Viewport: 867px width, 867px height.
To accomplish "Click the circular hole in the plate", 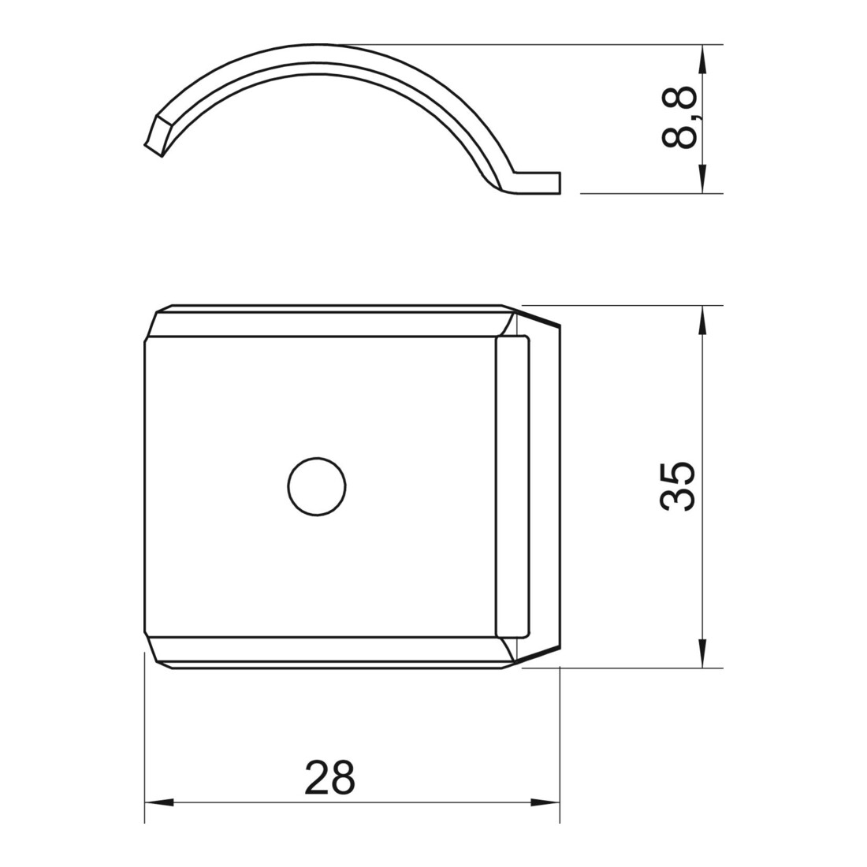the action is [x=317, y=487].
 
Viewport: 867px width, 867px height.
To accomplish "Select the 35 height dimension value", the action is [x=677, y=486].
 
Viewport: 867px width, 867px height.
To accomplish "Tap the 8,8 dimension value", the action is [x=679, y=117].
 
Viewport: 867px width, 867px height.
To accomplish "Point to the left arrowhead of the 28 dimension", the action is [x=159, y=802].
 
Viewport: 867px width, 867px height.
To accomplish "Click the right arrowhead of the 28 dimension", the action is [x=545, y=802].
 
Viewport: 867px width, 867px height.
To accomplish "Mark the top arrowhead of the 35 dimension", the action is [x=702, y=320].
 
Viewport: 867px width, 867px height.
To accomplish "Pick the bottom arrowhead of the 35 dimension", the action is [x=702, y=653].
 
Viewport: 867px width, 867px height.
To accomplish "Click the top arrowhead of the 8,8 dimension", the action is [x=702, y=59].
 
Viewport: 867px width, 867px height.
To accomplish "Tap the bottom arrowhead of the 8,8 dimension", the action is [x=702, y=178].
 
